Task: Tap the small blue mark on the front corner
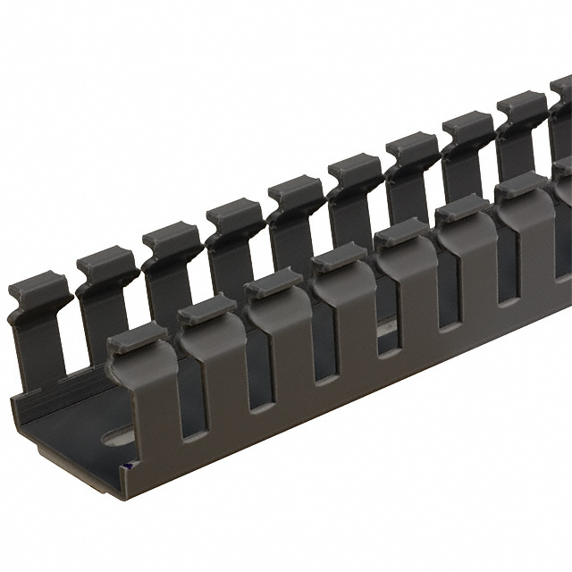point(131,466)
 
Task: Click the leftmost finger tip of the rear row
point(39,291)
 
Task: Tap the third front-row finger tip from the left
point(273,282)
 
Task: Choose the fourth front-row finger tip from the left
point(339,257)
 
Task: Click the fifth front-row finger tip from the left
point(401,232)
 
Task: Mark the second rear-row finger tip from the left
point(106,264)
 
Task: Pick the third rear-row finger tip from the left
point(172,238)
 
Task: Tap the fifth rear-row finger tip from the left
point(296,189)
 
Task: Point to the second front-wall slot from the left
point(258,372)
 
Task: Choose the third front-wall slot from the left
point(323,344)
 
